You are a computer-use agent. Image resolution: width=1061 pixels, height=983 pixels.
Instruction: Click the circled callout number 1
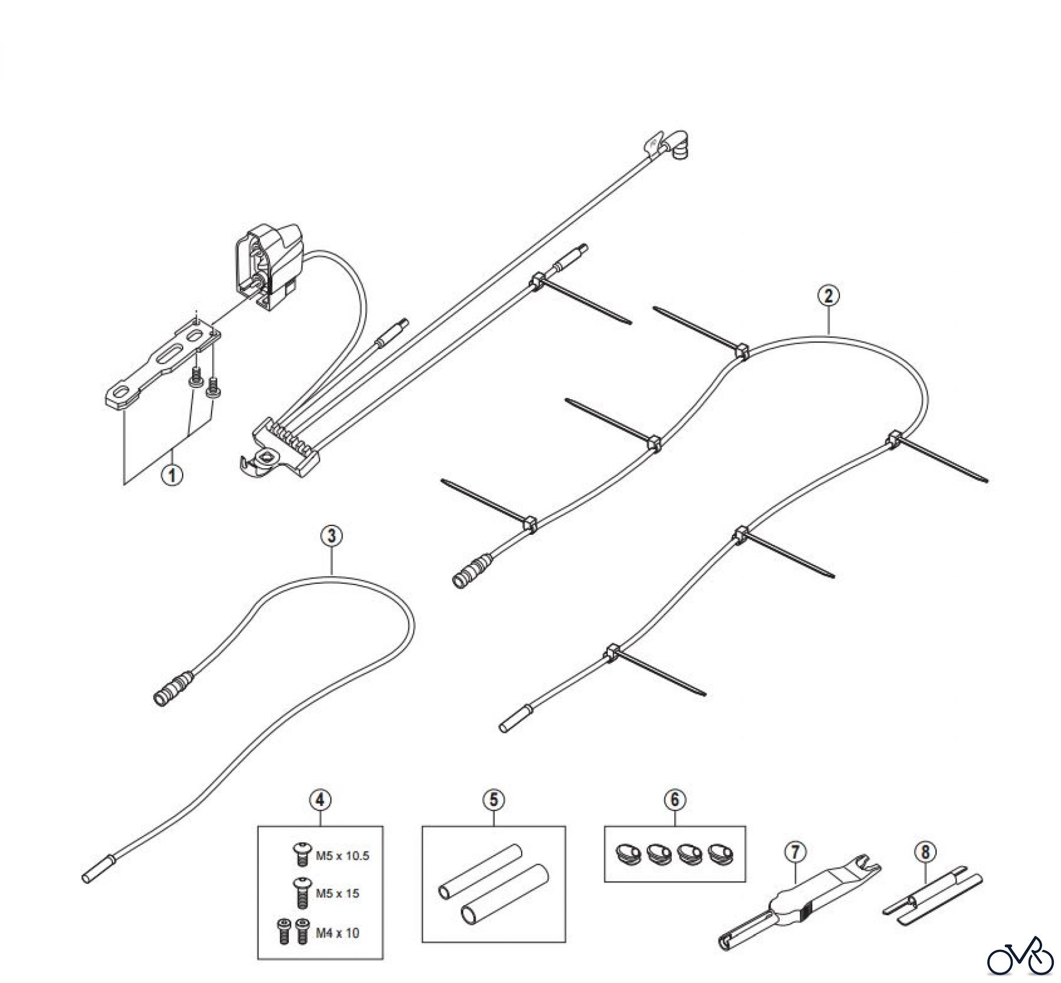(173, 474)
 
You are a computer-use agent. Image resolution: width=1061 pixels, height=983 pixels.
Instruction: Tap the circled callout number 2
(828, 296)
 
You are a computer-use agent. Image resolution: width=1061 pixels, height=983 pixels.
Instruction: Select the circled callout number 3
(331, 535)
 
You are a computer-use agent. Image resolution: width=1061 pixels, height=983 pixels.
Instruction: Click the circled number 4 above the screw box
(320, 800)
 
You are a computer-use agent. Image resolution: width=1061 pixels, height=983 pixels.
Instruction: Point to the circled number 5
(493, 800)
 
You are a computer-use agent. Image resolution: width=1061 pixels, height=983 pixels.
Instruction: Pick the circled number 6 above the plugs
(675, 800)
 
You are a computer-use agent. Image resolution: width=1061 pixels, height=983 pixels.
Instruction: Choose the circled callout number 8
(925, 852)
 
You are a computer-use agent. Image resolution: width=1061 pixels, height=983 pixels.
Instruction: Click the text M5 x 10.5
(342, 856)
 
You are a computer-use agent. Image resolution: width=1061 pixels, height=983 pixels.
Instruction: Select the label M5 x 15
(337, 893)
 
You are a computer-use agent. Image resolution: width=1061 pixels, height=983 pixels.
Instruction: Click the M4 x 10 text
(337, 933)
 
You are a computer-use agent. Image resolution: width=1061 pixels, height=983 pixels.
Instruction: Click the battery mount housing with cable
(268, 265)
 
